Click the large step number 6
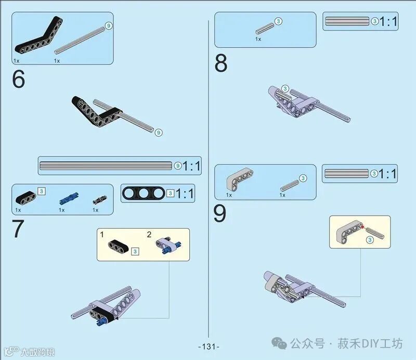[x=18, y=79]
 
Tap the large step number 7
[x=18, y=229]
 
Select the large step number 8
[x=220, y=63]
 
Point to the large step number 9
[x=219, y=214]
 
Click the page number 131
[x=209, y=346]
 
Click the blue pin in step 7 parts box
[x=69, y=199]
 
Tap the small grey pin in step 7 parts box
[x=100, y=200]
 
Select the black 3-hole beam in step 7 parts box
[x=25, y=198]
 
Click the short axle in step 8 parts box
[x=265, y=29]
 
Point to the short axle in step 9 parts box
[x=290, y=185]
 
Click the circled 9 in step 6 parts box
[x=109, y=26]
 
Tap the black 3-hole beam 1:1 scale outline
[x=144, y=193]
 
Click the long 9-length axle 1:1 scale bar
[x=106, y=166]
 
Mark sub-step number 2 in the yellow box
[x=149, y=234]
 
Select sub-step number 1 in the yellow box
[x=102, y=234]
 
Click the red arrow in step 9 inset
[x=362, y=227]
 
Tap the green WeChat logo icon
[x=279, y=343]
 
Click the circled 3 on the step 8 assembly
[x=285, y=88]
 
